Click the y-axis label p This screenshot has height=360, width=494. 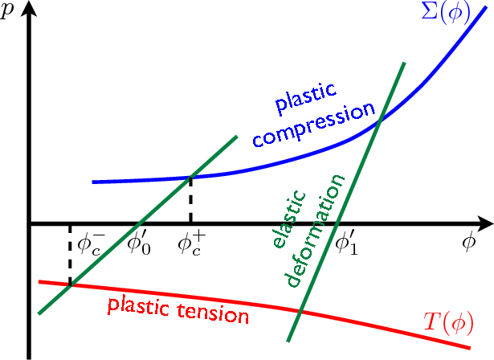pos(7,10)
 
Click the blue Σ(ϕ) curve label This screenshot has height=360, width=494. pos(446,13)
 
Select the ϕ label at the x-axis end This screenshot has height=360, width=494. pos(468,242)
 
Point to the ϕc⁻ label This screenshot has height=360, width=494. pos(89,244)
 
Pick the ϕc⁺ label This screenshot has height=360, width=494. pos(191,244)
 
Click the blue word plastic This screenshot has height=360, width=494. pos(305,99)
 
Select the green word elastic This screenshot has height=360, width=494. pos(289,219)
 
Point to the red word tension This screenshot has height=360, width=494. pos(213,313)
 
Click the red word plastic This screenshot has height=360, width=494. pos(139,306)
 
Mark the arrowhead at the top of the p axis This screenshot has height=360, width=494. pos(29,9)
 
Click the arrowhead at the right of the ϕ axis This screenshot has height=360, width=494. pos(485,223)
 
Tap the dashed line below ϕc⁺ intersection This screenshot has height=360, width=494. pos(190,200)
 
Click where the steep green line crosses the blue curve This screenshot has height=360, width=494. pos(381,120)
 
